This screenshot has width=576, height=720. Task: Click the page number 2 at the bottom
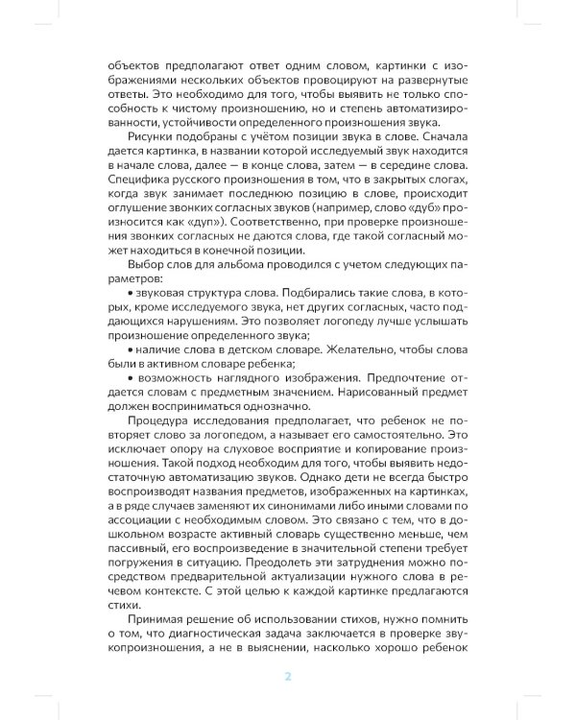(287, 676)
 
